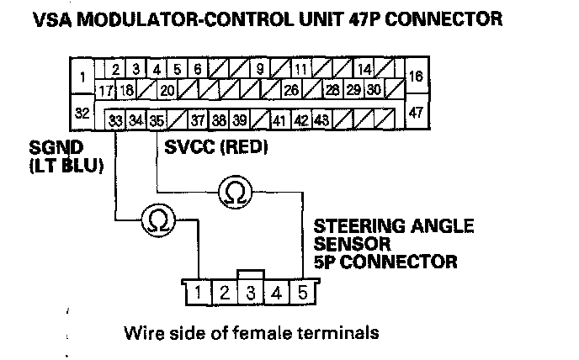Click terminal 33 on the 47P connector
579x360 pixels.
click(115, 119)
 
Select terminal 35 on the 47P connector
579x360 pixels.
click(157, 119)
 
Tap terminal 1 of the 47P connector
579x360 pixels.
click(82, 76)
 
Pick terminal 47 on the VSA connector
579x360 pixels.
click(417, 112)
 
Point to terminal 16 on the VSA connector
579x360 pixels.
click(417, 76)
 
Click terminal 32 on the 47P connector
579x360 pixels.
click(82, 112)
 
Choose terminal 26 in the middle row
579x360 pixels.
click(291, 89)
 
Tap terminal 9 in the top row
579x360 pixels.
click(260, 69)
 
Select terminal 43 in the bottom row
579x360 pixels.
click(322, 119)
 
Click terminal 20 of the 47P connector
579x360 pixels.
click(167, 89)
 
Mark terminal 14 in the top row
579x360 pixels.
click(364, 69)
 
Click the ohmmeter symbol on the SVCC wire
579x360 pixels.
click(236, 193)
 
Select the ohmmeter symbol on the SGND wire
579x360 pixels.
click(158, 220)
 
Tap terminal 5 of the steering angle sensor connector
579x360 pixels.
click(303, 293)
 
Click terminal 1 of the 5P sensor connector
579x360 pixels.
click(199, 293)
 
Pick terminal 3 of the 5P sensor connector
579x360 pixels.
click(251, 293)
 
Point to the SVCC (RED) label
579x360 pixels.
click(216, 147)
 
